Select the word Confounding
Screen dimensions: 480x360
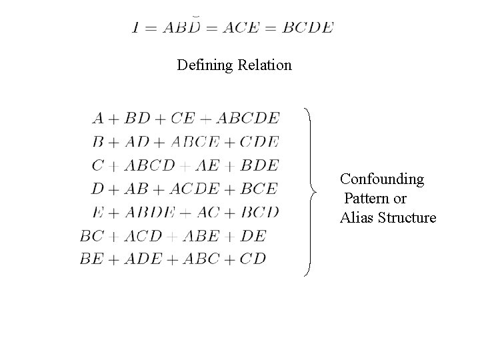[x=382, y=179]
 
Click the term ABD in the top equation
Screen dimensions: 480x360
[x=184, y=27]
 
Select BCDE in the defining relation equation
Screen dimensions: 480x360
[x=307, y=27]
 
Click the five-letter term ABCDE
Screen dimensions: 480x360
[x=249, y=119]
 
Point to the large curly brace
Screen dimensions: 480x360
[x=312, y=191]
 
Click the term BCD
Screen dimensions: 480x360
[x=259, y=212]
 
